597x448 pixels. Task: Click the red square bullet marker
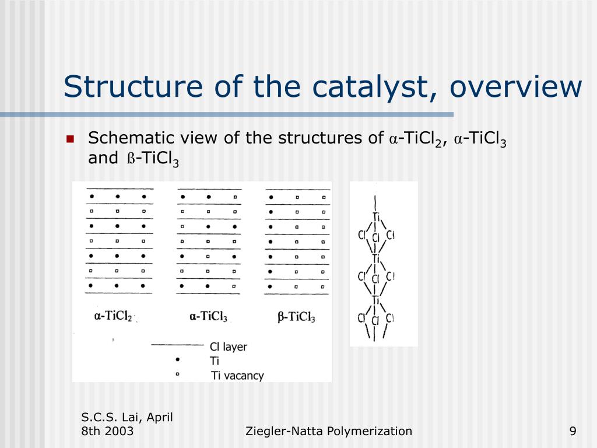click(x=70, y=139)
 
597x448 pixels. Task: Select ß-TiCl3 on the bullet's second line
click(x=153, y=159)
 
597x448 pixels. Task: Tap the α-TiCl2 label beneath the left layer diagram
click(x=113, y=316)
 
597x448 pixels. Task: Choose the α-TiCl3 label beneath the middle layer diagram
click(x=208, y=316)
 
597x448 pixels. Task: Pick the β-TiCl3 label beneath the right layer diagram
click(x=296, y=317)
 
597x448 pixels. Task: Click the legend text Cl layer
click(x=228, y=346)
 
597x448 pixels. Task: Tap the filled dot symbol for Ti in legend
click(x=177, y=360)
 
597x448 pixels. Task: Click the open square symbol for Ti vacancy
click(x=177, y=374)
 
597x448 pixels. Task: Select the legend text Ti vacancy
click(x=237, y=376)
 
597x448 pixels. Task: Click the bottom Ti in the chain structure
click(x=377, y=300)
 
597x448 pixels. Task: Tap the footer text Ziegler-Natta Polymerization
click(x=329, y=431)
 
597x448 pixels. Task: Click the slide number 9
click(x=573, y=431)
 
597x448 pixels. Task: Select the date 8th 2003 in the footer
click(x=107, y=431)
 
